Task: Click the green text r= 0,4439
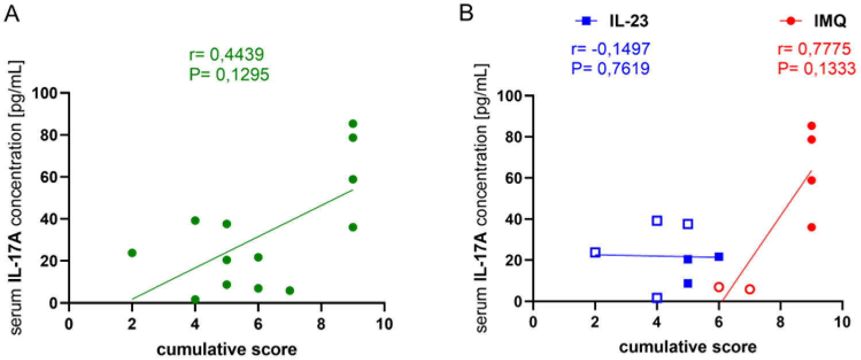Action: pos(226,55)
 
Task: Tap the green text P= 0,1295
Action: pos(228,74)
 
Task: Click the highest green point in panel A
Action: pos(353,123)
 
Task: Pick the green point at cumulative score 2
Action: pos(132,253)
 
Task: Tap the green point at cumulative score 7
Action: pos(289,291)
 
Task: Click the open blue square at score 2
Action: pos(595,253)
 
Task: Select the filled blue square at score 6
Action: pos(719,257)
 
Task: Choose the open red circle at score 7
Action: pos(750,289)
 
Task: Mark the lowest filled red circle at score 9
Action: pos(812,227)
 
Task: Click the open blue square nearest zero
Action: pos(657,298)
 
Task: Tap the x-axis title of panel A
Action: pos(227,348)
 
